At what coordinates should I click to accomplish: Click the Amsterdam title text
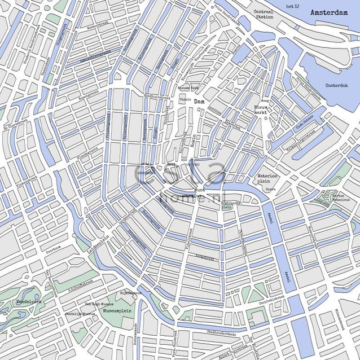pyautogui.click(x=328, y=12)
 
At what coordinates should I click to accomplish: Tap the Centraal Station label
pyautogui.click(x=263, y=14)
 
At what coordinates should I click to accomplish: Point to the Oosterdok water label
pyautogui.click(x=337, y=86)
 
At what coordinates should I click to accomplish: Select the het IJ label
pyautogui.click(x=291, y=6)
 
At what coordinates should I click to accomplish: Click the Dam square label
pyautogui.click(x=199, y=102)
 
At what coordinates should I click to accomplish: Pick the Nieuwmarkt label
pyautogui.click(x=260, y=109)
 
